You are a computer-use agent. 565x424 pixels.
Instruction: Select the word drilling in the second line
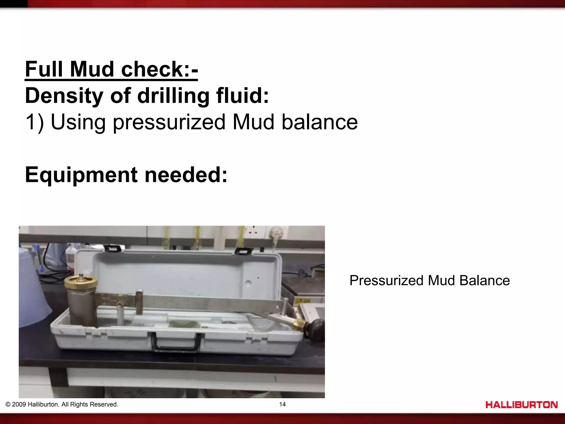pyautogui.click(x=173, y=96)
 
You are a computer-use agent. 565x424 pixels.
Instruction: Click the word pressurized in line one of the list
pyautogui.click(x=169, y=122)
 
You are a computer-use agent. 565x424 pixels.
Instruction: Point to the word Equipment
pyautogui.click(x=81, y=175)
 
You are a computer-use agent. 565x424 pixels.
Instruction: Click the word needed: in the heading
pyautogui.click(x=186, y=175)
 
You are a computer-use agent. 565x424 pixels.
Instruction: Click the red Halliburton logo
pyautogui.click(x=521, y=405)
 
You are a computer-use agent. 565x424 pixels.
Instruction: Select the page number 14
pyautogui.click(x=282, y=404)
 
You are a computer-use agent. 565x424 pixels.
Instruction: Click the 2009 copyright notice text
pyautogui.click(x=62, y=404)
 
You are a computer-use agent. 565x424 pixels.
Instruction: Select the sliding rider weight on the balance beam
pyautogui.click(x=139, y=302)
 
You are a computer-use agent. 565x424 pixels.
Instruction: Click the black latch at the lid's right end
pyautogui.click(x=244, y=251)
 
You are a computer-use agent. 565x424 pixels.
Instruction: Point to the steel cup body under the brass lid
pyautogui.click(x=82, y=306)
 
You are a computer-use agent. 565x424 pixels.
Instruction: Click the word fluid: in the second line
pyautogui.click(x=242, y=96)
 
